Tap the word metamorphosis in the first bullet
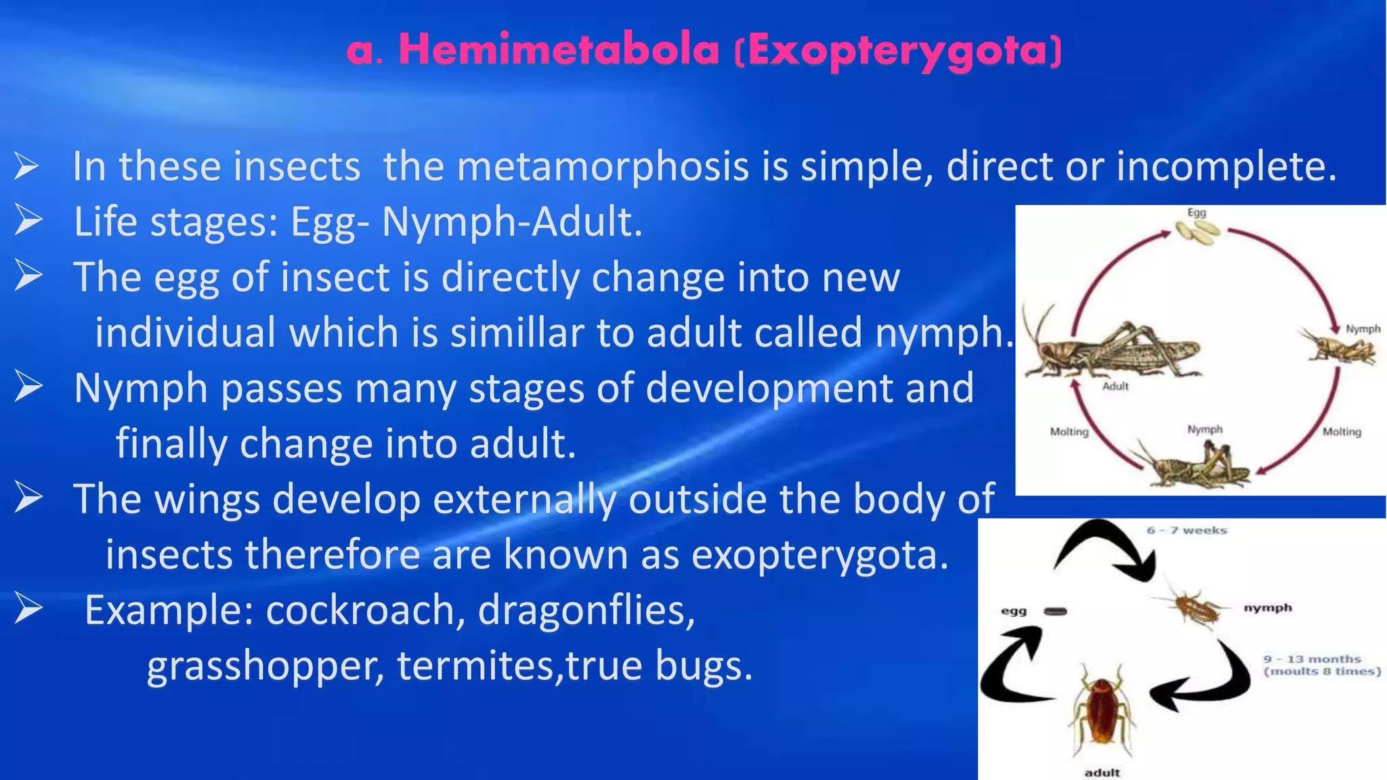click(x=603, y=167)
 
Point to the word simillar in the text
click(x=518, y=333)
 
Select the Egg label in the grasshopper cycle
click(x=1197, y=213)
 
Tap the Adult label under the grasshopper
click(x=1115, y=387)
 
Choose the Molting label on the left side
click(x=1069, y=432)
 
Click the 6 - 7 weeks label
click(x=1187, y=530)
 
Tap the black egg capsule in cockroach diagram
click(x=1055, y=612)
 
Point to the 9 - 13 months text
click(x=1312, y=659)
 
